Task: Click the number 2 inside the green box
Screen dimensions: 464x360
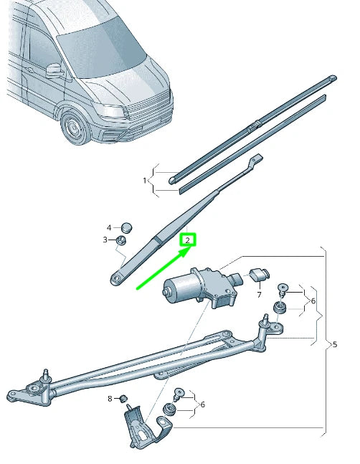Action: click(187, 240)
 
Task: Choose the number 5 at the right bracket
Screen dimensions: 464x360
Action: click(334, 345)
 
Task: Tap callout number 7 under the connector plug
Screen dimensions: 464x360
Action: click(259, 295)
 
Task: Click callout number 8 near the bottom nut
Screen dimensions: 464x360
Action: click(110, 398)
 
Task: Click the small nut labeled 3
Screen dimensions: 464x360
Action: click(123, 240)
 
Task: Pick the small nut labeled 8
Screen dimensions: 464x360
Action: click(123, 399)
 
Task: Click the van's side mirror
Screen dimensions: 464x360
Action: click(54, 70)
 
